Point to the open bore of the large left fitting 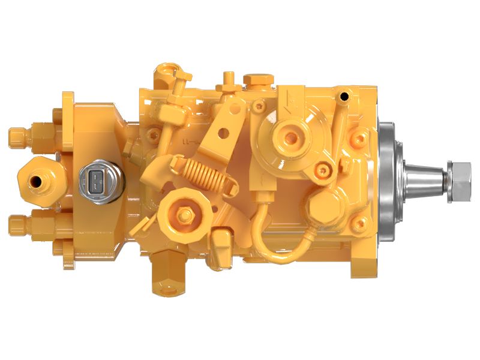click(x=37, y=179)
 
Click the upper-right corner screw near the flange click(x=359, y=139)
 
